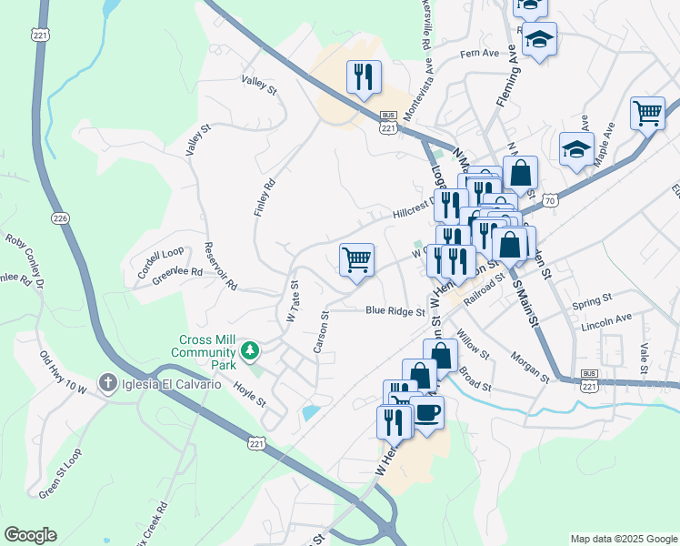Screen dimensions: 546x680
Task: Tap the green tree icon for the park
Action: point(248,350)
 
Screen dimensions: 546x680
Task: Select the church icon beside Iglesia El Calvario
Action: point(108,384)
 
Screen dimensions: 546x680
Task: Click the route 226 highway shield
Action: point(60,218)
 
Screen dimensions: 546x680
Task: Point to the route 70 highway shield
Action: point(548,200)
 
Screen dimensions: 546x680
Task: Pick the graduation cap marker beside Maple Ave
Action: point(576,147)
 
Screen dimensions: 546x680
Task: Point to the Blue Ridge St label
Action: point(395,311)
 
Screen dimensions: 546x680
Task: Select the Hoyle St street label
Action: point(248,395)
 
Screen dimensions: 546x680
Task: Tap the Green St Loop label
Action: point(60,473)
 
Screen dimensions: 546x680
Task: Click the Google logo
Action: point(30,535)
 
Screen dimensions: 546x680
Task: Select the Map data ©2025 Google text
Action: point(623,539)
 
